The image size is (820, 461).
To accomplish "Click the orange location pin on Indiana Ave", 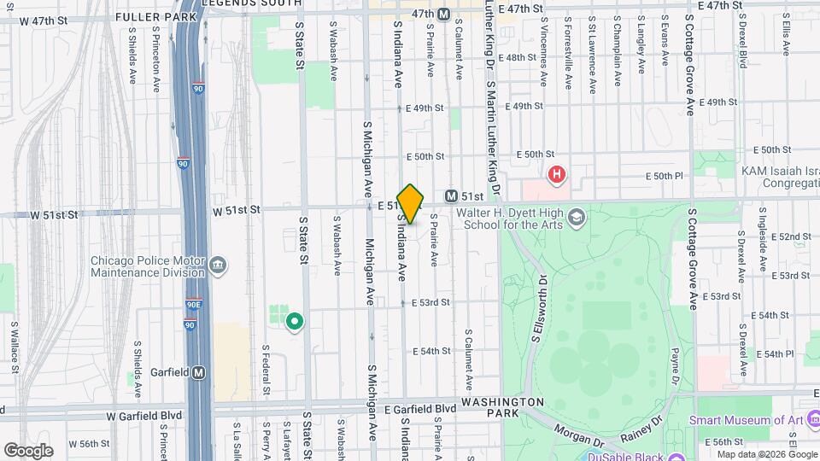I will (410, 203).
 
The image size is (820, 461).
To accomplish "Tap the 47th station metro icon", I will (443, 14).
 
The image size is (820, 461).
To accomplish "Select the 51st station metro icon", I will (452, 196).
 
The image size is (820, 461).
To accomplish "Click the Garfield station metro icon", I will (199, 372).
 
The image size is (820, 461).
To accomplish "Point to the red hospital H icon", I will (557, 175).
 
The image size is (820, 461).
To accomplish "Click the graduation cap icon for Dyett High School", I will (577, 218).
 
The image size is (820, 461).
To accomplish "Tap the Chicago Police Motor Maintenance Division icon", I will (219, 265).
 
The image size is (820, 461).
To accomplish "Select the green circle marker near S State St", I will (295, 322).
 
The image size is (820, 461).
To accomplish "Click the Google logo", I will (28, 450).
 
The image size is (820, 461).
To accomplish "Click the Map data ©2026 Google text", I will (766, 454).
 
